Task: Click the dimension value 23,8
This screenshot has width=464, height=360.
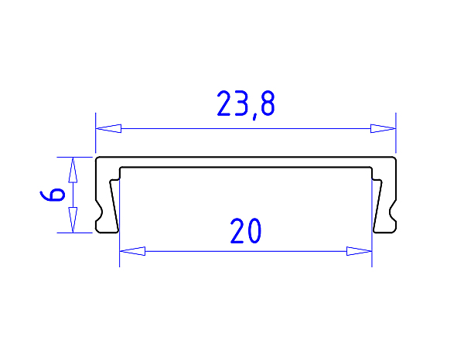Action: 245,104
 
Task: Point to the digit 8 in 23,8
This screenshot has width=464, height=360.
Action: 264,104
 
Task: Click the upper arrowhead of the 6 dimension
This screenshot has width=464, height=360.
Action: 73,169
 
